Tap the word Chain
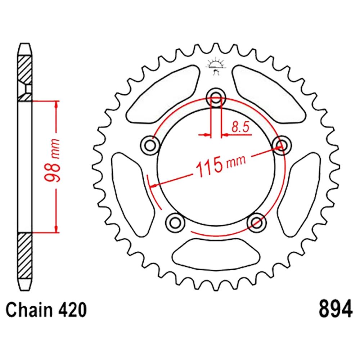click(x=29, y=310)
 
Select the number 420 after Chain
click(x=73, y=310)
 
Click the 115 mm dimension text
click(x=220, y=165)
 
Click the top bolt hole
click(x=216, y=98)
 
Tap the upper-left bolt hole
click(x=150, y=145)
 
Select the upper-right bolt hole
click(x=282, y=145)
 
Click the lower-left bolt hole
click(x=175, y=222)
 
